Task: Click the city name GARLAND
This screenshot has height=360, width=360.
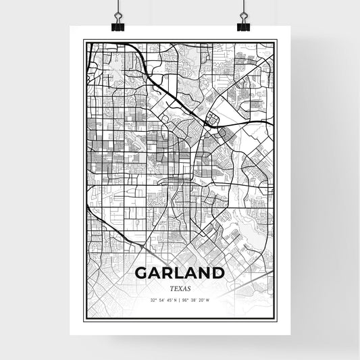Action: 180,273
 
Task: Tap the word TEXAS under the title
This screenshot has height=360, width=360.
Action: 180,288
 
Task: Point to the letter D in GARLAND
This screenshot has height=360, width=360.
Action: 217,273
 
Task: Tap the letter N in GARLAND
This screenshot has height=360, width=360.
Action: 205,273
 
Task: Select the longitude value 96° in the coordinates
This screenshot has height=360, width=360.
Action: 186,300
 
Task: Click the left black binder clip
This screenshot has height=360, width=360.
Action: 118,26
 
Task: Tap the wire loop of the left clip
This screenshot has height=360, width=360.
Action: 118,16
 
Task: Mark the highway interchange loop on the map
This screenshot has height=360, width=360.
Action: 212,121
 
